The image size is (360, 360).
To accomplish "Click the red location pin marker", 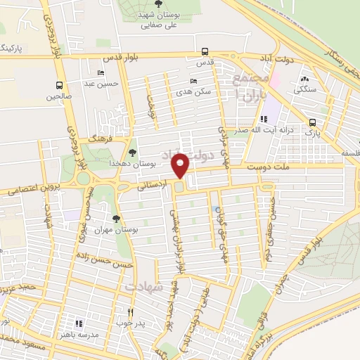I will (181, 165).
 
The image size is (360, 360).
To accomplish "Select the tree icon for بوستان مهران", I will (116, 218).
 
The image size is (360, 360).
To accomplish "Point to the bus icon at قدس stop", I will (205, 51).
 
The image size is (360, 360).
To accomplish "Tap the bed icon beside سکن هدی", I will (194, 81).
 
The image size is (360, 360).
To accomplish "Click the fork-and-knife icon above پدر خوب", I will (130, 312).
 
